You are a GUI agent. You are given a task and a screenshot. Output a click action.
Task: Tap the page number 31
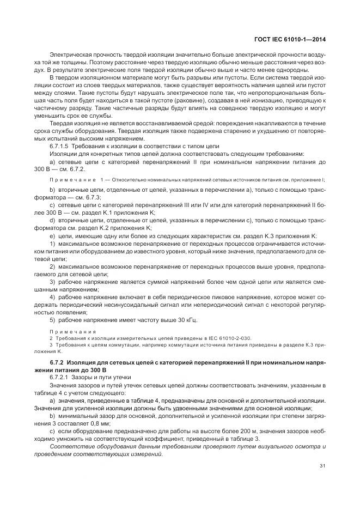pos(322,465)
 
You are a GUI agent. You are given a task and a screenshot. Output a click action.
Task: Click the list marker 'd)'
pos(52,220)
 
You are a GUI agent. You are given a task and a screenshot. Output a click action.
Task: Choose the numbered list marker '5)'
pos(52,320)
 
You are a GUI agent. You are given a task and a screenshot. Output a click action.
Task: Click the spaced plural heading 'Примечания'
pos(72,331)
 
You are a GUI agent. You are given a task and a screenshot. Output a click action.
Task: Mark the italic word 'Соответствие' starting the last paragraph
pos(70,447)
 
